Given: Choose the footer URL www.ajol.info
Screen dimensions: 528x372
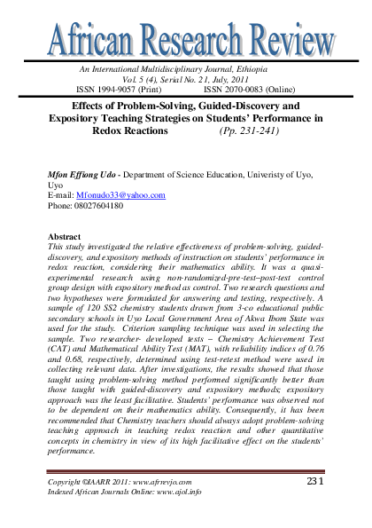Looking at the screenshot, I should (172, 490).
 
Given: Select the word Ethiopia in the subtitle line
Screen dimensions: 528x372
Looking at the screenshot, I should (267, 67).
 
